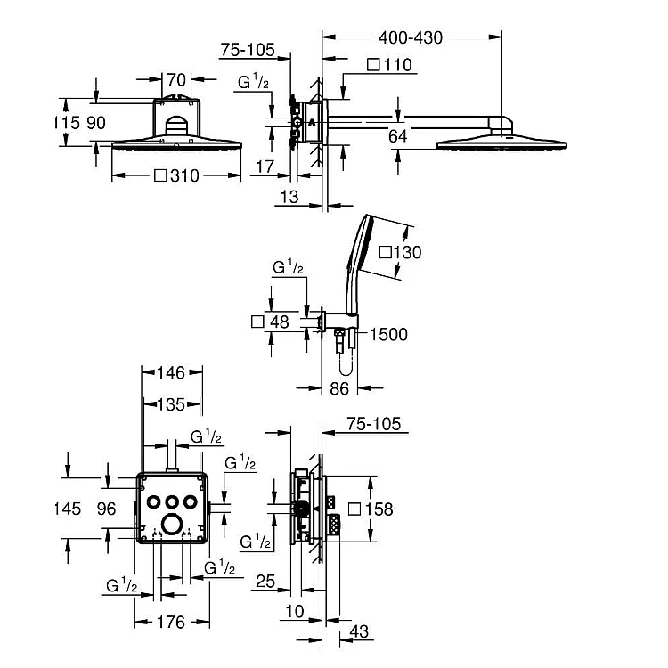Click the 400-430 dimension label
(x=411, y=38)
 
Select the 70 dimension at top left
(x=176, y=79)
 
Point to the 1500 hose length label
(x=388, y=334)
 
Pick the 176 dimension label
(x=171, y=622)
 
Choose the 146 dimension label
(x=171, y=373)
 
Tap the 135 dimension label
(x=171, y=404)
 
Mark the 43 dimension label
(x=359, y=631)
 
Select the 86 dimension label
(x=339, y=388)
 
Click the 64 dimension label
(x=398, y=136)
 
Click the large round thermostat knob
(x=172, y=523)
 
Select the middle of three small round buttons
(x=172, y=501)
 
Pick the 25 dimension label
(x=265, y=581)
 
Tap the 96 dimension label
(x=106, y=509)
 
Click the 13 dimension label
(x=289, y=197)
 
